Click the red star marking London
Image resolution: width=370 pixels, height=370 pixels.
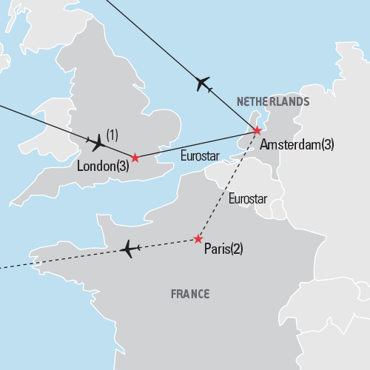tap(135, 158)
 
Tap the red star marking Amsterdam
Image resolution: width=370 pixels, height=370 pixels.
tap(257, 131)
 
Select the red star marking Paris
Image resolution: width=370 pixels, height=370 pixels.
tap(198, 239)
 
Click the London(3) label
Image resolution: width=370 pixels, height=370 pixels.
tap(103, 167)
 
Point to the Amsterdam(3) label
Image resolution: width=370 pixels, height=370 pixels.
tap(297, 145)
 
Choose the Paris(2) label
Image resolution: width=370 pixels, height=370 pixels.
tap(223, 249)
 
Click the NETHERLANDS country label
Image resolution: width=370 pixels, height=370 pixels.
tap(272, 101)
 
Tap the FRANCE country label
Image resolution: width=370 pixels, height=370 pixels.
tap(190, 294)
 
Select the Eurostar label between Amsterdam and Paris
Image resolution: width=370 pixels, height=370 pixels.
tap(248, 198)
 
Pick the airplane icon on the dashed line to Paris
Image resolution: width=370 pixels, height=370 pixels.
tap(130, 249)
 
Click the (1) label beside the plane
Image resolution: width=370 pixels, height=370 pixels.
tap(112, 134)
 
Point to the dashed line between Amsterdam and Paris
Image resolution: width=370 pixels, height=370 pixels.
tap(227, 185)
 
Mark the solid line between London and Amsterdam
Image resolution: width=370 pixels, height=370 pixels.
tap(196, 144)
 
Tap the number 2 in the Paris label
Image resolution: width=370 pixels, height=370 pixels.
tap(236, 249)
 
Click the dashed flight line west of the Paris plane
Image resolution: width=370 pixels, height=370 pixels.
tap(59, 259)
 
